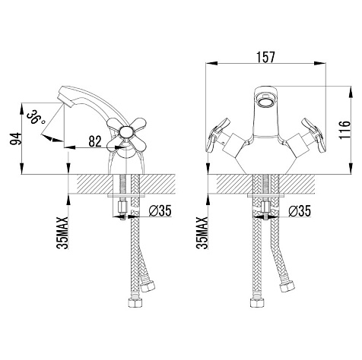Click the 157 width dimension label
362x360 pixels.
(x=265, y=57)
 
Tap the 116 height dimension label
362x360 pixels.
(x=345, y=130)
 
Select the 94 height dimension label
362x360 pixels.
(x=16, y=139)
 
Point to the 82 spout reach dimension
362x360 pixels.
(x=95, y=141)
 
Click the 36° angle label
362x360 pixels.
(x=36, y=117)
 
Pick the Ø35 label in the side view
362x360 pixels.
(x=160, y=210)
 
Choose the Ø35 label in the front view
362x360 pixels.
(x=300, y=210)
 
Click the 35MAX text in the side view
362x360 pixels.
(x=62, y=233)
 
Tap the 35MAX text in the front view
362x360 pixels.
(x=202, y=233)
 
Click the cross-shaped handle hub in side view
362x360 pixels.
(x=126, y=132)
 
